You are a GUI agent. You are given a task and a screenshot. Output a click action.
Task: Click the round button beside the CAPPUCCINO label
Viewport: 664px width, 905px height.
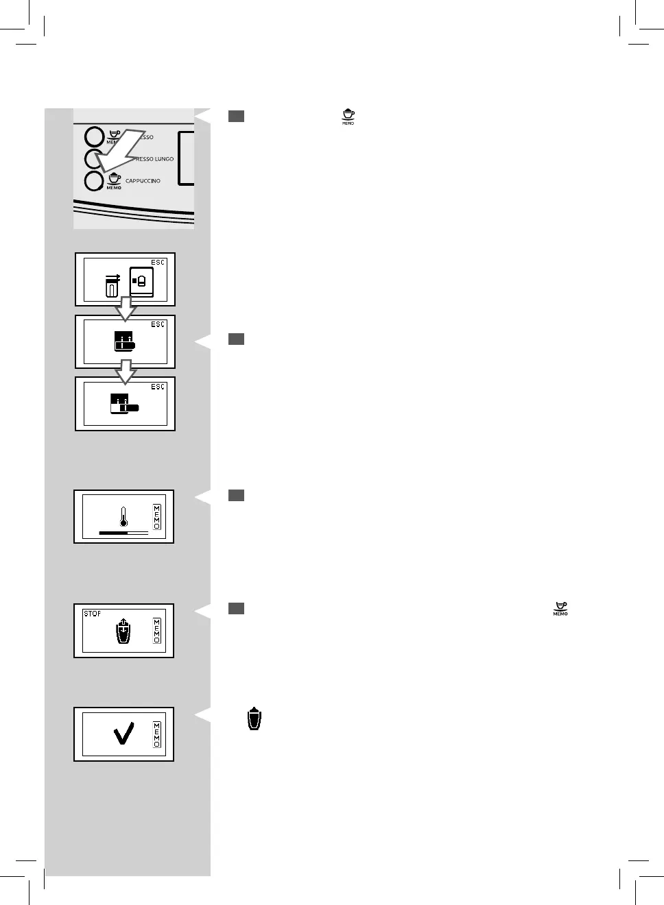93,181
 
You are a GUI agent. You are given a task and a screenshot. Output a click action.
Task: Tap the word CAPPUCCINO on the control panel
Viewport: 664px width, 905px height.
143,181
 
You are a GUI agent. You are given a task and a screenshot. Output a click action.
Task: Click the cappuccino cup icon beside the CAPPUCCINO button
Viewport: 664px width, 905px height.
114,180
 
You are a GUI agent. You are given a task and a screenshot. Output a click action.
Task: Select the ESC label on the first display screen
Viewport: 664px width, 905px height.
158,263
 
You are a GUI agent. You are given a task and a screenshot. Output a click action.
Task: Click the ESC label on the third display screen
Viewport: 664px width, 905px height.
158,387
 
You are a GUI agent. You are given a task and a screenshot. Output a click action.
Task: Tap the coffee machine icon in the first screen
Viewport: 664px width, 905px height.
141,281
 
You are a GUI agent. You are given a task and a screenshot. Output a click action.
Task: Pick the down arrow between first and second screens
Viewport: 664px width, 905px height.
125,309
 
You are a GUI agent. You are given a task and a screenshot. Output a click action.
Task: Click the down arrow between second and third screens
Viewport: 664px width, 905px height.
125,372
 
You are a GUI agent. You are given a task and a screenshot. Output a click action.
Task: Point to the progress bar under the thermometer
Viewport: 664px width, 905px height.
123,532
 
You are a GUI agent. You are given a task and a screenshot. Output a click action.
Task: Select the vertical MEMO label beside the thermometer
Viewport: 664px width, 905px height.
157,517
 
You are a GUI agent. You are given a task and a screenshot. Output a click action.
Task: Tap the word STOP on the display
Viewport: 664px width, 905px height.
92,614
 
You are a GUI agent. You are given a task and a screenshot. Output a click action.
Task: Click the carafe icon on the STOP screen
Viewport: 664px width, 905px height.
122,631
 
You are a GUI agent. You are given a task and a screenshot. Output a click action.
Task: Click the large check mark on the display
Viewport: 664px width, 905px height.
124,734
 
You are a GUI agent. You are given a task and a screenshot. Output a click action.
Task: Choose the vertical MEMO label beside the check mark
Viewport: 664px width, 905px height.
157,734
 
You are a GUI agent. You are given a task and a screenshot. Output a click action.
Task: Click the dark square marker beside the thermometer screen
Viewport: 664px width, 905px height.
236,496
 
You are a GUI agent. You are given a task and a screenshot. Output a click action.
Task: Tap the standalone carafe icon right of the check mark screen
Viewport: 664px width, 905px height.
254,719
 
